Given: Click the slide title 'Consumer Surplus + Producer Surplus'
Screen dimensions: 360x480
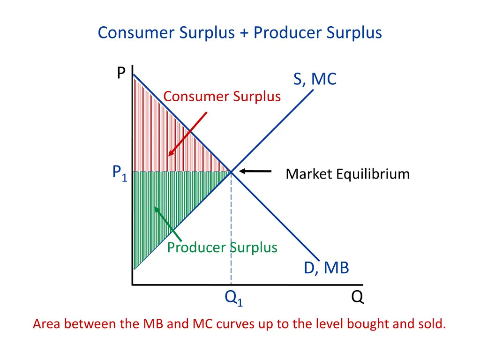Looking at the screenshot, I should tap(240, 33).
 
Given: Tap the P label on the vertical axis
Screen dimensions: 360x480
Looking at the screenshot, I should tap(121, 73).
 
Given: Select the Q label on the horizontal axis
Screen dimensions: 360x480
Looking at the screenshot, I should tap(357, 297).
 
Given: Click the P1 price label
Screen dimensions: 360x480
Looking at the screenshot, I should tap(120, 173).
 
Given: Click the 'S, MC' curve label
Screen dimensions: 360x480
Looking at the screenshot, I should tap(315, 79).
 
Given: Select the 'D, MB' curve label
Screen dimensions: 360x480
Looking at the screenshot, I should tap(326, 268).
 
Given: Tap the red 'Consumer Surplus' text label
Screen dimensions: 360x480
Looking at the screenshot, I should tap(222, 97).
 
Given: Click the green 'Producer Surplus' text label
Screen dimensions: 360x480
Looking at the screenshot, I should tap(222, 247).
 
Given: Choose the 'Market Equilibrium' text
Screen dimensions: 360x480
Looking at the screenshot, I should tap(347, 174).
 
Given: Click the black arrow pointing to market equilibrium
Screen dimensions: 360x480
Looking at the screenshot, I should tap(255, 172).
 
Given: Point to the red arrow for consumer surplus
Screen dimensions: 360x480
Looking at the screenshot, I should tap(187, 134).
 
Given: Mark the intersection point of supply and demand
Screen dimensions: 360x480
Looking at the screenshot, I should tap(231, 172).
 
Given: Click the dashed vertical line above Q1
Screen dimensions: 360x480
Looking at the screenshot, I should tap(231, 225).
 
